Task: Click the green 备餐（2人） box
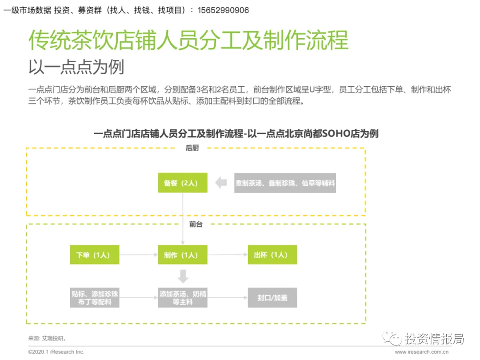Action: (x=183, y=183)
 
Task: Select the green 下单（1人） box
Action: (x=95, y=255)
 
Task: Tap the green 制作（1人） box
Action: (x=183, y=255)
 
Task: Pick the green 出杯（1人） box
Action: (x=272, y=255)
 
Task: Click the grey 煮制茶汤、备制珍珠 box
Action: (x=285, y=183)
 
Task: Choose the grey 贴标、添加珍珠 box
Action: (x=95, y=297)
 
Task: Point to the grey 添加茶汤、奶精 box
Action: (x=183, y=297)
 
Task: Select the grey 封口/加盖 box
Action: (x=272, y=297)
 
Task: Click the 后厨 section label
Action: (x=192, y=148)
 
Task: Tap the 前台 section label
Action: (x=196, y=224)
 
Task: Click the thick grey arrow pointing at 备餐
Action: (x=221, y=183)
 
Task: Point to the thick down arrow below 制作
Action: (x=183, y=276)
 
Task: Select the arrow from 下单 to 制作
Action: (x=139, y=255)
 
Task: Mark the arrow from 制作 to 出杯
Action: (x=228, y=255)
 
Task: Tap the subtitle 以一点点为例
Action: (x=76, y=67)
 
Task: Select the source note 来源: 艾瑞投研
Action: (x=47, y=338)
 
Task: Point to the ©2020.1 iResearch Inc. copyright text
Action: (x=56, y=352)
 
